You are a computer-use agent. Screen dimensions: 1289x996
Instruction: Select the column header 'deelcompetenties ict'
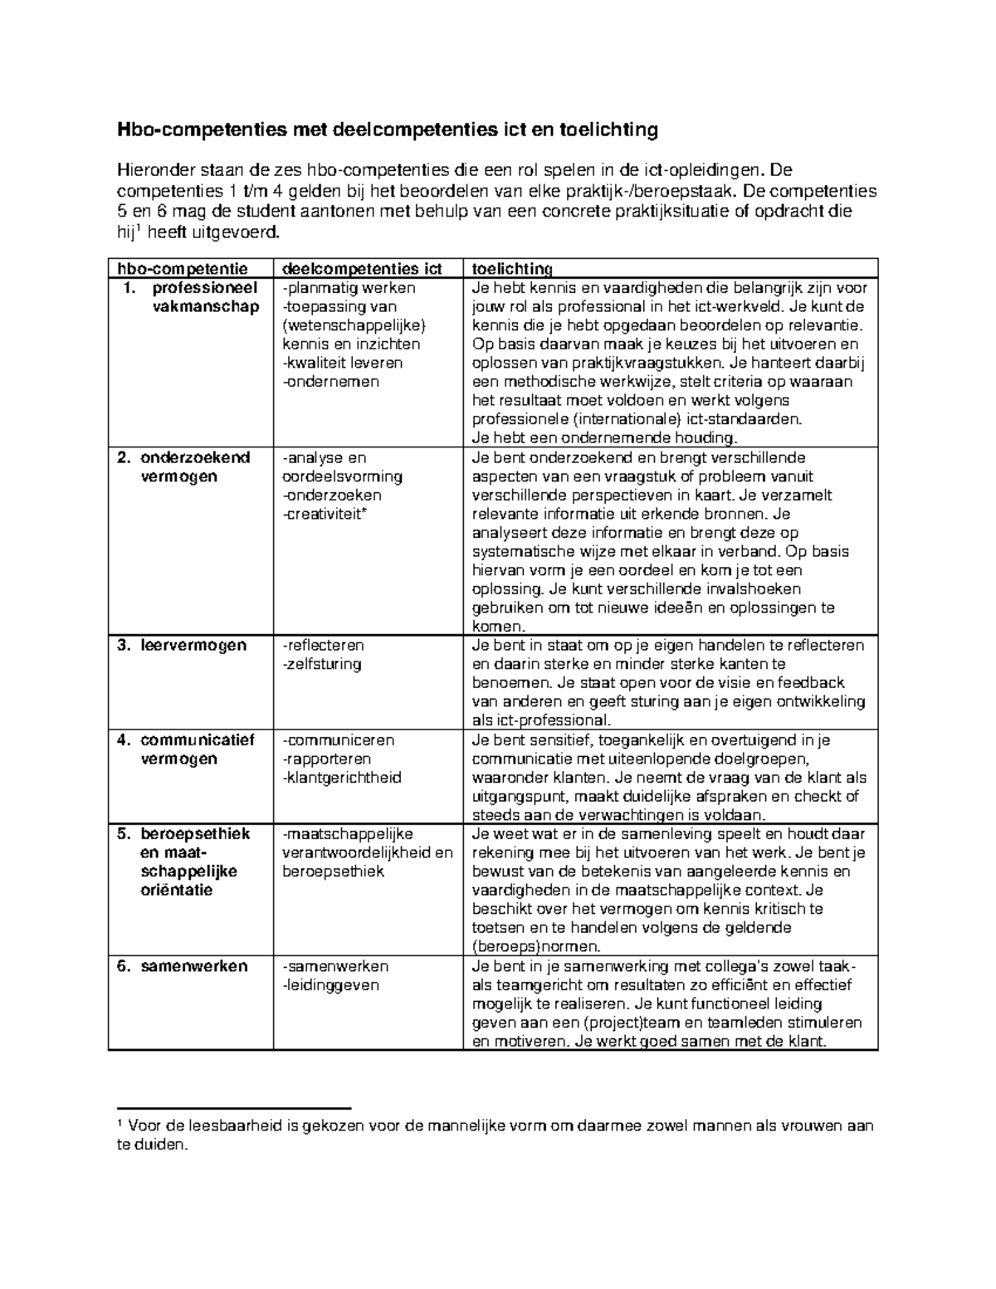pos(362,269)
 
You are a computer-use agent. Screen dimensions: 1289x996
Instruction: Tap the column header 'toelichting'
pos(512,269)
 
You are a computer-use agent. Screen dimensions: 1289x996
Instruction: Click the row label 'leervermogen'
pos(193,645)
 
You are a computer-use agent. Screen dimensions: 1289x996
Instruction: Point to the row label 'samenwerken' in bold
pos(193,966)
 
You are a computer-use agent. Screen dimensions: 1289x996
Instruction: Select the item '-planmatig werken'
pos(349,288)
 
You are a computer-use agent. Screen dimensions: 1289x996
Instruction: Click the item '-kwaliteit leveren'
pos(342,363)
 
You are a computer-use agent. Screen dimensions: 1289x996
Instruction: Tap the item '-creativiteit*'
pos(325,514)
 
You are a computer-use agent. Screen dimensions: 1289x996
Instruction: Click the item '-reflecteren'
pos(323,645)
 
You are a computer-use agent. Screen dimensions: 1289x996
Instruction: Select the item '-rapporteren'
pos(326,759)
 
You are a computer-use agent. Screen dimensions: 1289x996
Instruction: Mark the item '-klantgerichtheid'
pos(341,778)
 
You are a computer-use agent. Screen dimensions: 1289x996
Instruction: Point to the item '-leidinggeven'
pos(330,985)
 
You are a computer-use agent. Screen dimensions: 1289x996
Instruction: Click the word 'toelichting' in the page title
pos(609,129)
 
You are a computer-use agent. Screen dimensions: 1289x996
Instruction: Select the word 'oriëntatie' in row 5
pos(176,891)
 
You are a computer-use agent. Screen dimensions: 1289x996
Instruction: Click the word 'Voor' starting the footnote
pos(145,1126)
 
